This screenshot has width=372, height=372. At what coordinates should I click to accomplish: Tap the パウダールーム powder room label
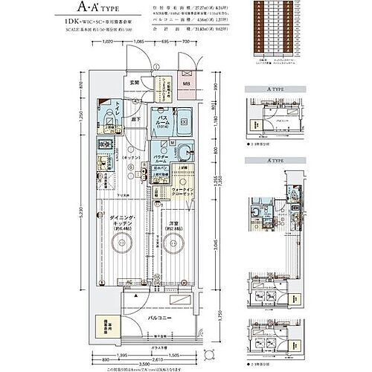pyautogui.click(x=162, y=161)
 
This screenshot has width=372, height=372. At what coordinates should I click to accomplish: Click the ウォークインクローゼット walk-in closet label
pyautogui.click(x=185, y=196)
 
